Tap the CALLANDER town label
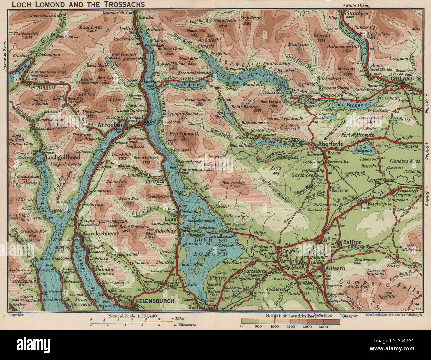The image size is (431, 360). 406,79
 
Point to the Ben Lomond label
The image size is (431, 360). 183,134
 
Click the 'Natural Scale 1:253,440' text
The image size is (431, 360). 131,316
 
